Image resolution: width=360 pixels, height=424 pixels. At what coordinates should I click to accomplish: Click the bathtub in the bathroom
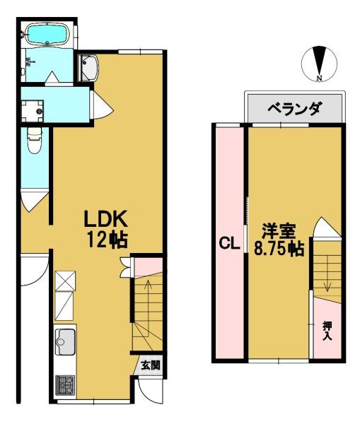47,35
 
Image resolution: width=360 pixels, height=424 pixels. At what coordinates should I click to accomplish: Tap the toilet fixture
35,140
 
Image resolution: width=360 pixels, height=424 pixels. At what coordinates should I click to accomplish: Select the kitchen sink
65,342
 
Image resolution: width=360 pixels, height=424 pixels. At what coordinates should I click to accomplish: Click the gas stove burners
65,385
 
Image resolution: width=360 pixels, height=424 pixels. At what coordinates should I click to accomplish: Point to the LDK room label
105,219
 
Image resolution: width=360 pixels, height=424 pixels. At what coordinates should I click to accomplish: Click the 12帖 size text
108,240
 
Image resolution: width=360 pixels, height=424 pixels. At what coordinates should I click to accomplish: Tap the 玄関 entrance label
151,365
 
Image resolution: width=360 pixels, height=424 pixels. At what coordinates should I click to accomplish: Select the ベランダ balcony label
295,109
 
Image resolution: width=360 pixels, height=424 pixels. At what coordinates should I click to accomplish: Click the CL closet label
229,244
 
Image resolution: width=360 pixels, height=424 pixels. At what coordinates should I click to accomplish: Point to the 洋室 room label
278,231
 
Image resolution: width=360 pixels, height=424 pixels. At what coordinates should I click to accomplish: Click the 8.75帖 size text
279,249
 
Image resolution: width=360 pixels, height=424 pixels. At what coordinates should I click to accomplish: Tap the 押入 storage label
327,331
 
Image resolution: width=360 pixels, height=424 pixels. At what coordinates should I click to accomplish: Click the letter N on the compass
320,78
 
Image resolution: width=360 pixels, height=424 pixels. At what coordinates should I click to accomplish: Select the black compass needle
320,61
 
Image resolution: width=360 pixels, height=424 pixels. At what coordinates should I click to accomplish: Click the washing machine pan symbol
33,111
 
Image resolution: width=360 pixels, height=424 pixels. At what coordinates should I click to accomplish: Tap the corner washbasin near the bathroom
88,68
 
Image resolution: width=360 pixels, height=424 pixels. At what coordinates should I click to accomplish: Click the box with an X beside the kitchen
65,281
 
